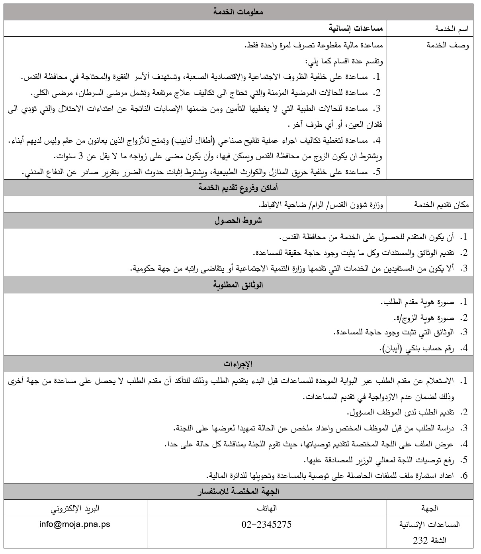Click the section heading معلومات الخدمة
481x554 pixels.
(x=238, y=12)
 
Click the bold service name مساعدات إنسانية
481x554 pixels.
(x=356, y=28)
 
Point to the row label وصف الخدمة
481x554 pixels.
(x=448, y=45)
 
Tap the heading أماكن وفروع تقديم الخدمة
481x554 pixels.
(x=238, y=188)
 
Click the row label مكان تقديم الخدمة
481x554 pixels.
(x=442, y=204)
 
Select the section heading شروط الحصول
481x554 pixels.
(x=238, y=220)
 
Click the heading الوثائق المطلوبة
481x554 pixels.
(x=238, y=285)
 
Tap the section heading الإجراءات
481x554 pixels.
(x=238, y=364)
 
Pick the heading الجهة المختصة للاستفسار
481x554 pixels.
(x=238, y=492)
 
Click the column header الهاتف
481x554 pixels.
(x=267, y=508)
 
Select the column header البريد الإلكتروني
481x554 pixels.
(x=75, y=508)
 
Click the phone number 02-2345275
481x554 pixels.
(x=266, y=525)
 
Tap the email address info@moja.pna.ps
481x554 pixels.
(x=75, y=525)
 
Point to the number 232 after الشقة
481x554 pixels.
(x=420, y=541)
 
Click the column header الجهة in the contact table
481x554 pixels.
(x=429, y=508)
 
